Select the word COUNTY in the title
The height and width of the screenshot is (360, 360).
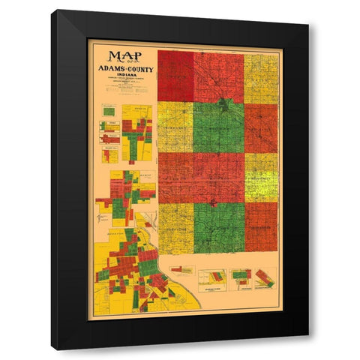[135, 68]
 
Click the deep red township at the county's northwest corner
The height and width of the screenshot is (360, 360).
[175, 76]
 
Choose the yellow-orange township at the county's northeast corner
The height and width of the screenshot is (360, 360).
[261, 77]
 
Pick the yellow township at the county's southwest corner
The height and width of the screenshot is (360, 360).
[175, 228]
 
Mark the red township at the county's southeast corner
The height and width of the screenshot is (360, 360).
[261, 228]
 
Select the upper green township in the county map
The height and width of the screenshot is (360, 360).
[218, 127]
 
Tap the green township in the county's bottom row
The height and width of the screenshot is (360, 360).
[218, 228]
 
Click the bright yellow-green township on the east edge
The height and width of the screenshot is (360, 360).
[261, 177]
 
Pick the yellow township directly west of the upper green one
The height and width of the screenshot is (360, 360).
[175, 127]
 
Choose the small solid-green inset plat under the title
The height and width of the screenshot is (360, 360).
[109, 112]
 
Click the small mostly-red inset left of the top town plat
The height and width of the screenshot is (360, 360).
[109, 137]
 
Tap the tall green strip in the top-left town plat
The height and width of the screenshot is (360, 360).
[133, 139]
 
